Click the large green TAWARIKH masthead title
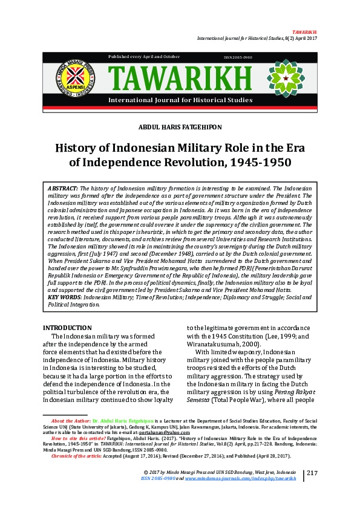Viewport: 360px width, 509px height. (x=179, y=78)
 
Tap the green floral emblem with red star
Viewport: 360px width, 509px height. (x=286, y=78)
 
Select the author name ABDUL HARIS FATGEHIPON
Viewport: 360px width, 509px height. (x=180, y=127)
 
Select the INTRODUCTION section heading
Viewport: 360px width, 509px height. (x=67, y=328)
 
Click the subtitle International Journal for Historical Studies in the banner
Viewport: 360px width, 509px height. (x=180, y=99)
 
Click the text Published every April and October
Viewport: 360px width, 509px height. (x=144, y=56)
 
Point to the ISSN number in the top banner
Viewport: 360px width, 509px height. (x=238, y=57)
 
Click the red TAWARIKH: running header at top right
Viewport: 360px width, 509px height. (x=304, y=31)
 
